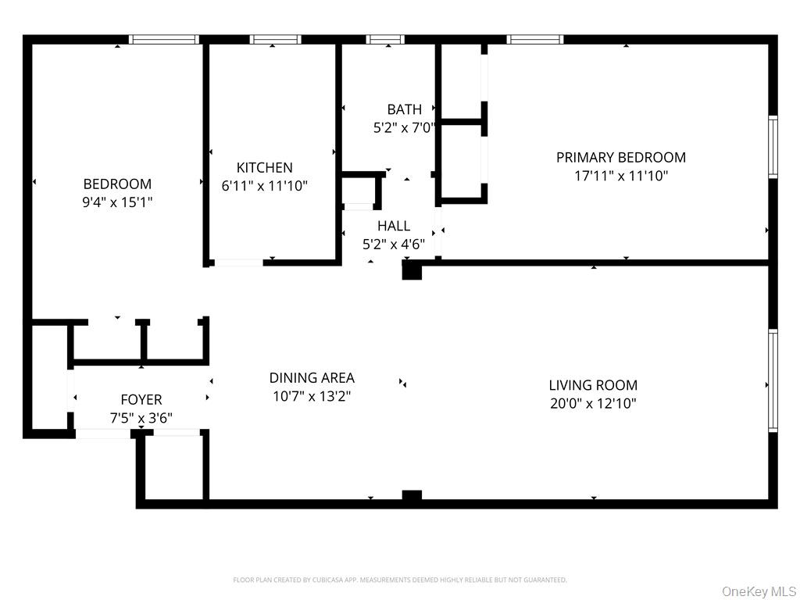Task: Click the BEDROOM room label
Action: click(x=117, y=184)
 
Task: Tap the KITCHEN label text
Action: click(x=264, y=167)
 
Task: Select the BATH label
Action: click(x=405, y=109)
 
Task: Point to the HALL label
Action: click(x=394, y=226)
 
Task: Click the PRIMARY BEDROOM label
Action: click(x=621, y=157)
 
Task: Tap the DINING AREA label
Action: click(x=312, y=377)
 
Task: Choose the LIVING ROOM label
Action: click(x=593, y=384)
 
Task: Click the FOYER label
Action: click(x=141, y=399)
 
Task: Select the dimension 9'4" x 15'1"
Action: click(x=117, y=202)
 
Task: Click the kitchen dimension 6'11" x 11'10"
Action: click(x=264, y=186)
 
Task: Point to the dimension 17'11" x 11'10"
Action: click(x=621, y=176)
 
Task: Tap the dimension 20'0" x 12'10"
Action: click(x=593, y=404)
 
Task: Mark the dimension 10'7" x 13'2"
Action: click(x=312, y=396)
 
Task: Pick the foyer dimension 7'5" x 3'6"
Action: click(x=141, y=419)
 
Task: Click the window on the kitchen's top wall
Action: click(x=275, y=39)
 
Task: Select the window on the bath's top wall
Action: click(x=385, y=39)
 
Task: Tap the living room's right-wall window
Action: click(x=773, y=380)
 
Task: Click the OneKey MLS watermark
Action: click(x=759, y=591)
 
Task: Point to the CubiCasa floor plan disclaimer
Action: click(x=400, y=580)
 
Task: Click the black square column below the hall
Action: click(x=412, y=270)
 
